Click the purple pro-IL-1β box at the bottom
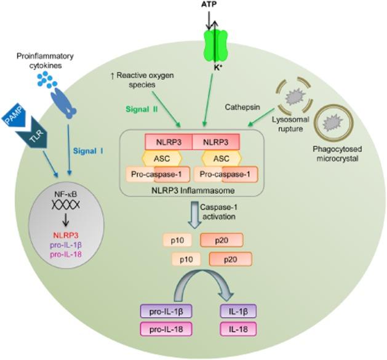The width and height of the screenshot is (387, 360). pos(166,313)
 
